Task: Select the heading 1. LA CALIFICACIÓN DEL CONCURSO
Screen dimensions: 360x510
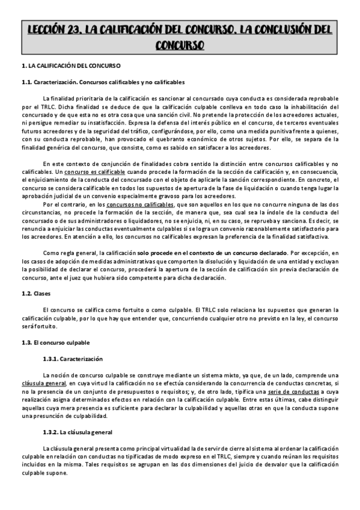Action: (x=71, y=65)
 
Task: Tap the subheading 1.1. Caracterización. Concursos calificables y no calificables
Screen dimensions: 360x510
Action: (x=103, y=82)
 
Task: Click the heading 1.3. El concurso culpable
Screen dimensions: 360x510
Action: (x=55, y=342)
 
